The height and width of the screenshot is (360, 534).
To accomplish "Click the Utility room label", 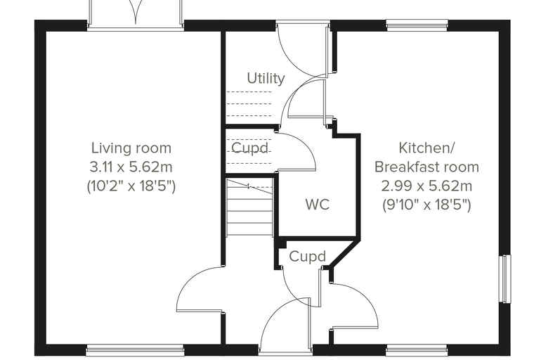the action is [266, 79].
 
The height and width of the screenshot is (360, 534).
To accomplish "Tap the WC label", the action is [318, 205].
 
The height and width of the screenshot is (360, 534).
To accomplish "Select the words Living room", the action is [131, 148].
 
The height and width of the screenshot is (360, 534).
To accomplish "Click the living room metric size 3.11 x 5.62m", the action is [131, 167].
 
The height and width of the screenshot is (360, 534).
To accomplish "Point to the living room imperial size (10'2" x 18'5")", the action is [131, 186].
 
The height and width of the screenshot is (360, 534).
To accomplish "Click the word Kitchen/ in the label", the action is [426, 148].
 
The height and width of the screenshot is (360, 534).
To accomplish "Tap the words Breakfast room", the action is [426, 167].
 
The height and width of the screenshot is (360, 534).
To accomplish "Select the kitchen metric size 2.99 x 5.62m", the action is [426, 186].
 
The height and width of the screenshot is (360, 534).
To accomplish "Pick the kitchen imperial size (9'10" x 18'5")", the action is [426, 205].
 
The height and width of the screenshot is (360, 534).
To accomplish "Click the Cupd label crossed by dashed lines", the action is [250, 148].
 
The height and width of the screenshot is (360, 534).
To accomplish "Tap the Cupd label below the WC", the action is [307, 257].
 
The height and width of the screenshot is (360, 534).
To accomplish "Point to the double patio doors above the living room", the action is [136, 13].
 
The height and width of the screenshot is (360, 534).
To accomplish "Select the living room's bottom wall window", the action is [135, 349].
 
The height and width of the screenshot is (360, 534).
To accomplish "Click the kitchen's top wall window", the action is [417, 25].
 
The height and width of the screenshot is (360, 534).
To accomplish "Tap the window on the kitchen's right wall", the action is [505, 278].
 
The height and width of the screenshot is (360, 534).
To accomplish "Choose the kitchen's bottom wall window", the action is [417, 349].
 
